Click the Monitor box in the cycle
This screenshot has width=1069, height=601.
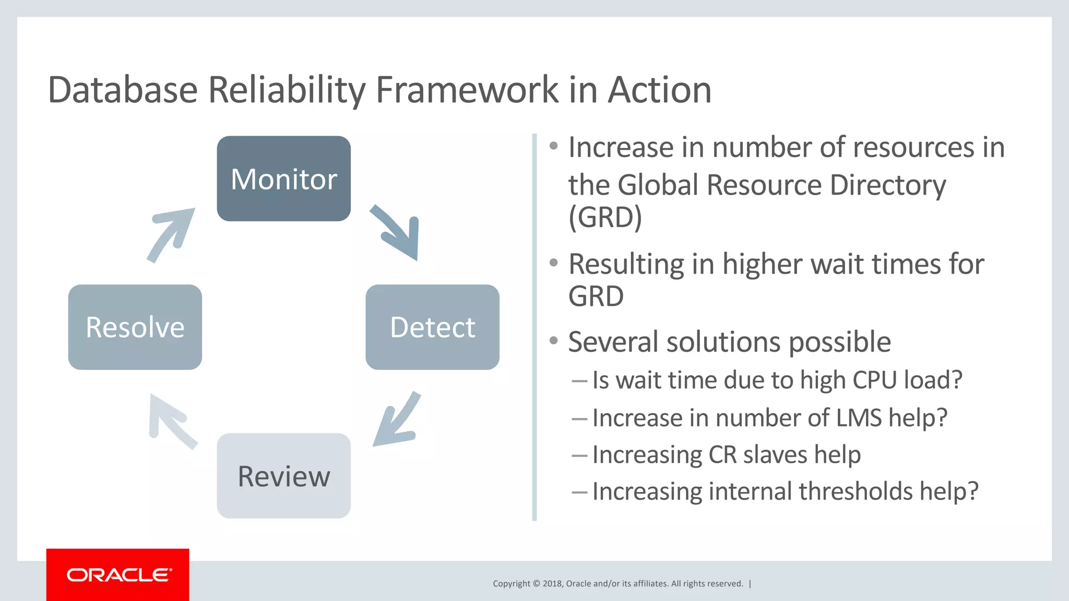tap(283, 178)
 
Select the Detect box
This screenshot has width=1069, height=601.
tap(432, 327)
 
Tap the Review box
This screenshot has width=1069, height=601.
tap(283, 476)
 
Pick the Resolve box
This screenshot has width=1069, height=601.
tap(135, 327)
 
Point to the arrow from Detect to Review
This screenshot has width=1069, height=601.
tap(398, 420)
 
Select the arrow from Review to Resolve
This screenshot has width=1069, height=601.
tap(170, 420)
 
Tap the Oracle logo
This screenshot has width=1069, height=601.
tap(118, 575)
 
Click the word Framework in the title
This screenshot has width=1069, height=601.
tap(467, 90)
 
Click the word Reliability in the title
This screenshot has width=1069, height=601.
tap(287, 90)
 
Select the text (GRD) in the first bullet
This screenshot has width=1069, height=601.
tap(605, 218)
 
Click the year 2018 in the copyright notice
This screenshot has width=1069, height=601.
tap(552, 584)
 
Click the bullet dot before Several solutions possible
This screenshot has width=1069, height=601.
tap(554, 341)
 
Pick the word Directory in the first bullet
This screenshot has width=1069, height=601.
tap(887, 185)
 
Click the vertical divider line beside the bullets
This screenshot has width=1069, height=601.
tap(534, 327)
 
